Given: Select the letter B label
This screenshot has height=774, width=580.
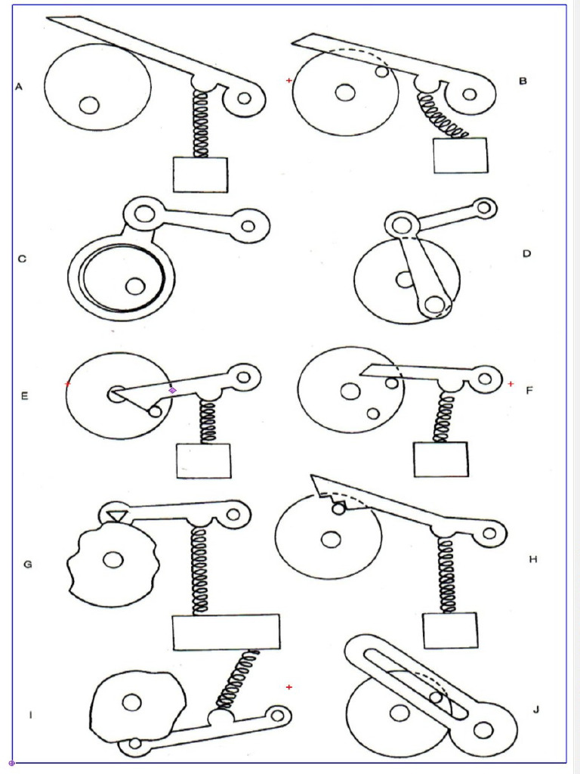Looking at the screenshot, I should click(522, 81).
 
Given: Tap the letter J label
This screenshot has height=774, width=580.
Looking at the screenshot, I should click(536, 709).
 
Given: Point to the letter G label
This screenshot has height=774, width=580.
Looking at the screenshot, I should click(28, 564).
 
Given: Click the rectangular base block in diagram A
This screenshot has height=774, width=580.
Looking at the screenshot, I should click(200, 175).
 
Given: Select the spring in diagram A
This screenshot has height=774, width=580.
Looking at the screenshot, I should click(201, 124).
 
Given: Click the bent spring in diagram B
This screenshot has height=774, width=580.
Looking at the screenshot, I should click(440, 118).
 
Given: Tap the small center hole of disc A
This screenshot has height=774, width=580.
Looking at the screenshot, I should click(89, 105).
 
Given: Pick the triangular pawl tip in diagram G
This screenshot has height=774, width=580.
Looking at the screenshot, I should click(116, 515).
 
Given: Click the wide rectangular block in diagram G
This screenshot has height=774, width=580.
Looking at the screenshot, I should click(226, 632).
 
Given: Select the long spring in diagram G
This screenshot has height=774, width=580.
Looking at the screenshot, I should click(200, 570).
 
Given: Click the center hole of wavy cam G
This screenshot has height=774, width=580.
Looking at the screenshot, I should click(113, 560).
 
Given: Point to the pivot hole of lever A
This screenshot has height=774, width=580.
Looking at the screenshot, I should click(244, 98).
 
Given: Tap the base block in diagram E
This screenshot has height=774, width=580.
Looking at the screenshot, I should click(203, 461).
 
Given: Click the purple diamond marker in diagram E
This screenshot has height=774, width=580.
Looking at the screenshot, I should click(172, 390).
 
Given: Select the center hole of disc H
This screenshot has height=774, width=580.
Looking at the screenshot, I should click(330, 540).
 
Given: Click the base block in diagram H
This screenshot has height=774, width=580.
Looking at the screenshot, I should click(450, 630).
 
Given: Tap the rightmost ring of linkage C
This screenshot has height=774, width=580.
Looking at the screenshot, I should click(248, 224).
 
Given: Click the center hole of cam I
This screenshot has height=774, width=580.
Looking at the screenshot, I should click(132, 703).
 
